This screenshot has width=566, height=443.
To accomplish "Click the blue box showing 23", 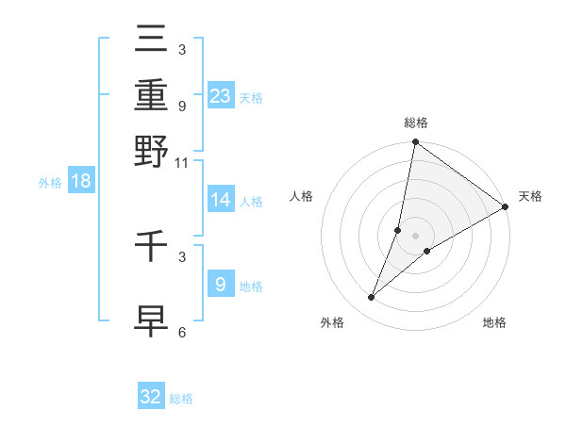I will click(x=221, y=95).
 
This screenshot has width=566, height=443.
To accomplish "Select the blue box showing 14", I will click(x=221, y=200).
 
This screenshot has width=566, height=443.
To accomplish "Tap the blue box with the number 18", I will click(x=81, y=182).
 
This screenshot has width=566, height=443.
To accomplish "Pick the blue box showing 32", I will click(x=151, y=397).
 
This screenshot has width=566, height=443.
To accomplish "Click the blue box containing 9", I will click(x=220, y=284).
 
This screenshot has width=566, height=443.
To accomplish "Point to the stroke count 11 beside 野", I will click(x=182, y=163).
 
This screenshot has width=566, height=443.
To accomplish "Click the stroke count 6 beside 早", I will click(x=182, y=332).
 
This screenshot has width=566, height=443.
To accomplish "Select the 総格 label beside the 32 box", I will click(x=181, y=399).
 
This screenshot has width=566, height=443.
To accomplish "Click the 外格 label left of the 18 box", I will click(x=50, y=183).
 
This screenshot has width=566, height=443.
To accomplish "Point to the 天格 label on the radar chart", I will click(x=530, y=196).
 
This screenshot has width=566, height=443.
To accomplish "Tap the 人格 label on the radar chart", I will click(x=302, y=196).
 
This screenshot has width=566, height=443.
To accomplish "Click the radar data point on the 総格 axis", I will click(x=415, y=143).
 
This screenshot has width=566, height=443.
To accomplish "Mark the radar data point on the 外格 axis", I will click(x=372, y=298).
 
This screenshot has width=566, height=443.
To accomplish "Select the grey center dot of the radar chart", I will click(x=415, y=235).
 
